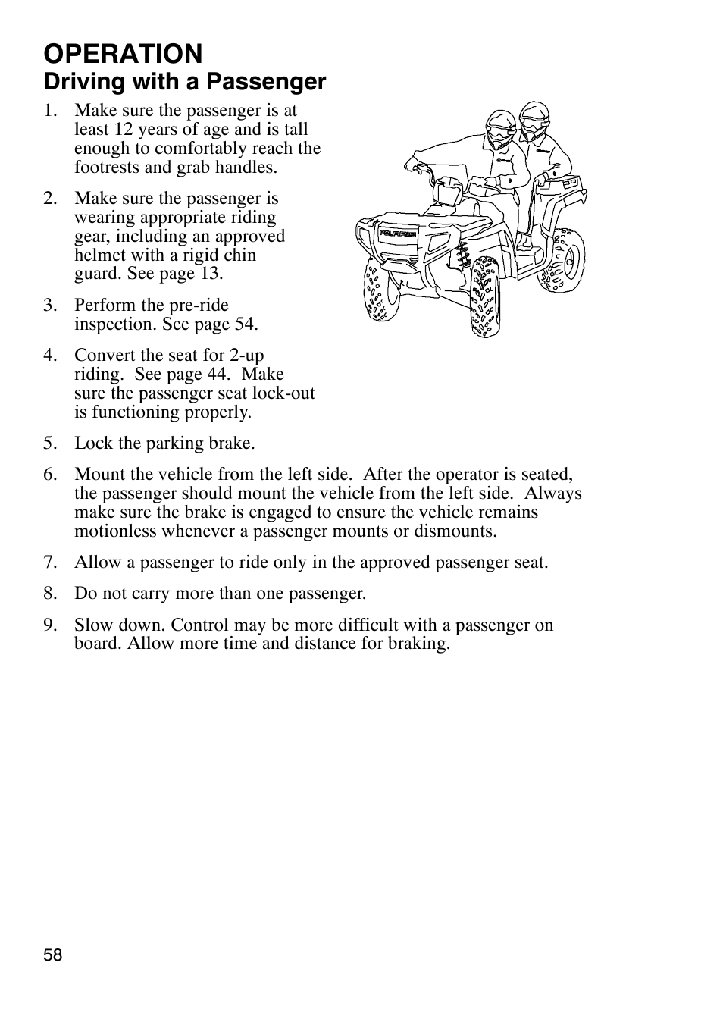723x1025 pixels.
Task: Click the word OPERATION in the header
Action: [123, 54]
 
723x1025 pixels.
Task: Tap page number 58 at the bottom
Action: [52, 955]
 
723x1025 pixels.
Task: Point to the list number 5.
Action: [49, 444]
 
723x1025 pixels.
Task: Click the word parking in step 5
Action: [161, 444]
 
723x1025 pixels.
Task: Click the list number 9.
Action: [49, 625]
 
